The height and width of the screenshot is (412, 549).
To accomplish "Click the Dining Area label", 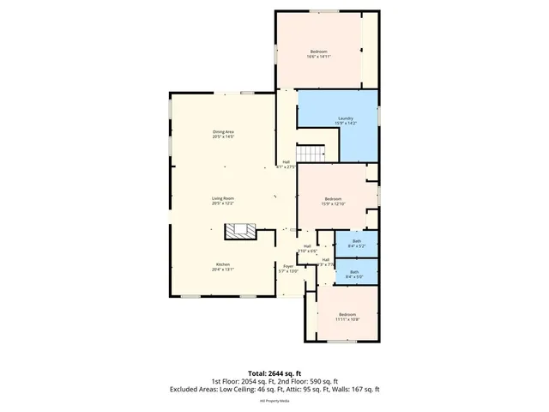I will click(x=224, y=131).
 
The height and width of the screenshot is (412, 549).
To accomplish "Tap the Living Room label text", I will click(x=224, y=198).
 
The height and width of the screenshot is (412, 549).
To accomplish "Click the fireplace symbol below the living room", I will click(x=240, y=230).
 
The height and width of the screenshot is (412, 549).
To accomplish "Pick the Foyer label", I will click(x=289, y=266).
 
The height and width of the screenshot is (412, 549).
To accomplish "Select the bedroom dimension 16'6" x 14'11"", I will click(x=319, y=57).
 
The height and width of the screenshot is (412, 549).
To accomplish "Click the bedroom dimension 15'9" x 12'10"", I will click(x=333, y=203).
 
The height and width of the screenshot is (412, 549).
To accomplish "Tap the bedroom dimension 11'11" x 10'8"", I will click(x=347, y=319).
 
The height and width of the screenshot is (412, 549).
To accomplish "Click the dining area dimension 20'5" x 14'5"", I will click(x=224, y=136).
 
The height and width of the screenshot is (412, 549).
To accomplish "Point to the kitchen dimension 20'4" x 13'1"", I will click(x=224, y=270).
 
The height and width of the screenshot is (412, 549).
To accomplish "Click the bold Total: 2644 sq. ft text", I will click(x=274, y=373).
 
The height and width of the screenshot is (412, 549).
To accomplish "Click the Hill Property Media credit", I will click(x=274, y=400).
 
